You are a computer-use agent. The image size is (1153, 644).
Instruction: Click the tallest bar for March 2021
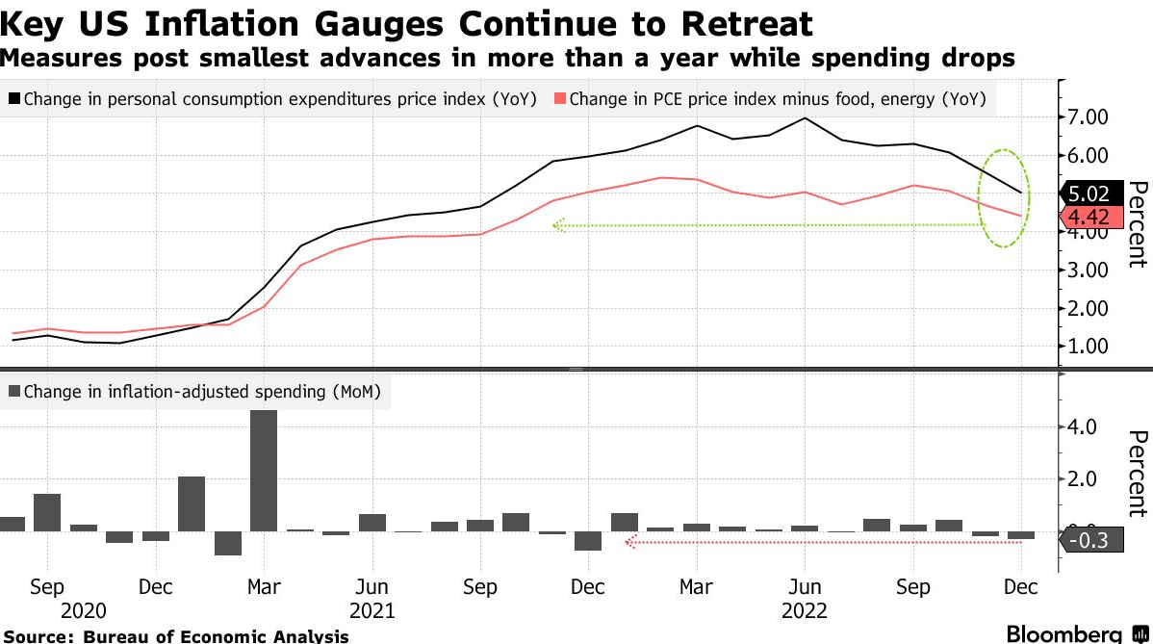click(264, 470)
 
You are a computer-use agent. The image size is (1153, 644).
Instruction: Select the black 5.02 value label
click(1089, 193)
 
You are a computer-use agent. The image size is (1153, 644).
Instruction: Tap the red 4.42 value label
click(1089, 217)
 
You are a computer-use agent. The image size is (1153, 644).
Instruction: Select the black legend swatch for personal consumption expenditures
click(14, 98)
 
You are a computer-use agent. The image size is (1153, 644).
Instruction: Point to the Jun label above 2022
click(805, 587)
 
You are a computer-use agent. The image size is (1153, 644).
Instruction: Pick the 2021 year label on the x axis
click(372, 610)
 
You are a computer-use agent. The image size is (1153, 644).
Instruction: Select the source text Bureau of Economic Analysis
click(217, 636)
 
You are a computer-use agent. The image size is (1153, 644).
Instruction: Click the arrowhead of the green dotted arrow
click(555, 226)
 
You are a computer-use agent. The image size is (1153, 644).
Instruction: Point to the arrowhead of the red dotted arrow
click(629, 543)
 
